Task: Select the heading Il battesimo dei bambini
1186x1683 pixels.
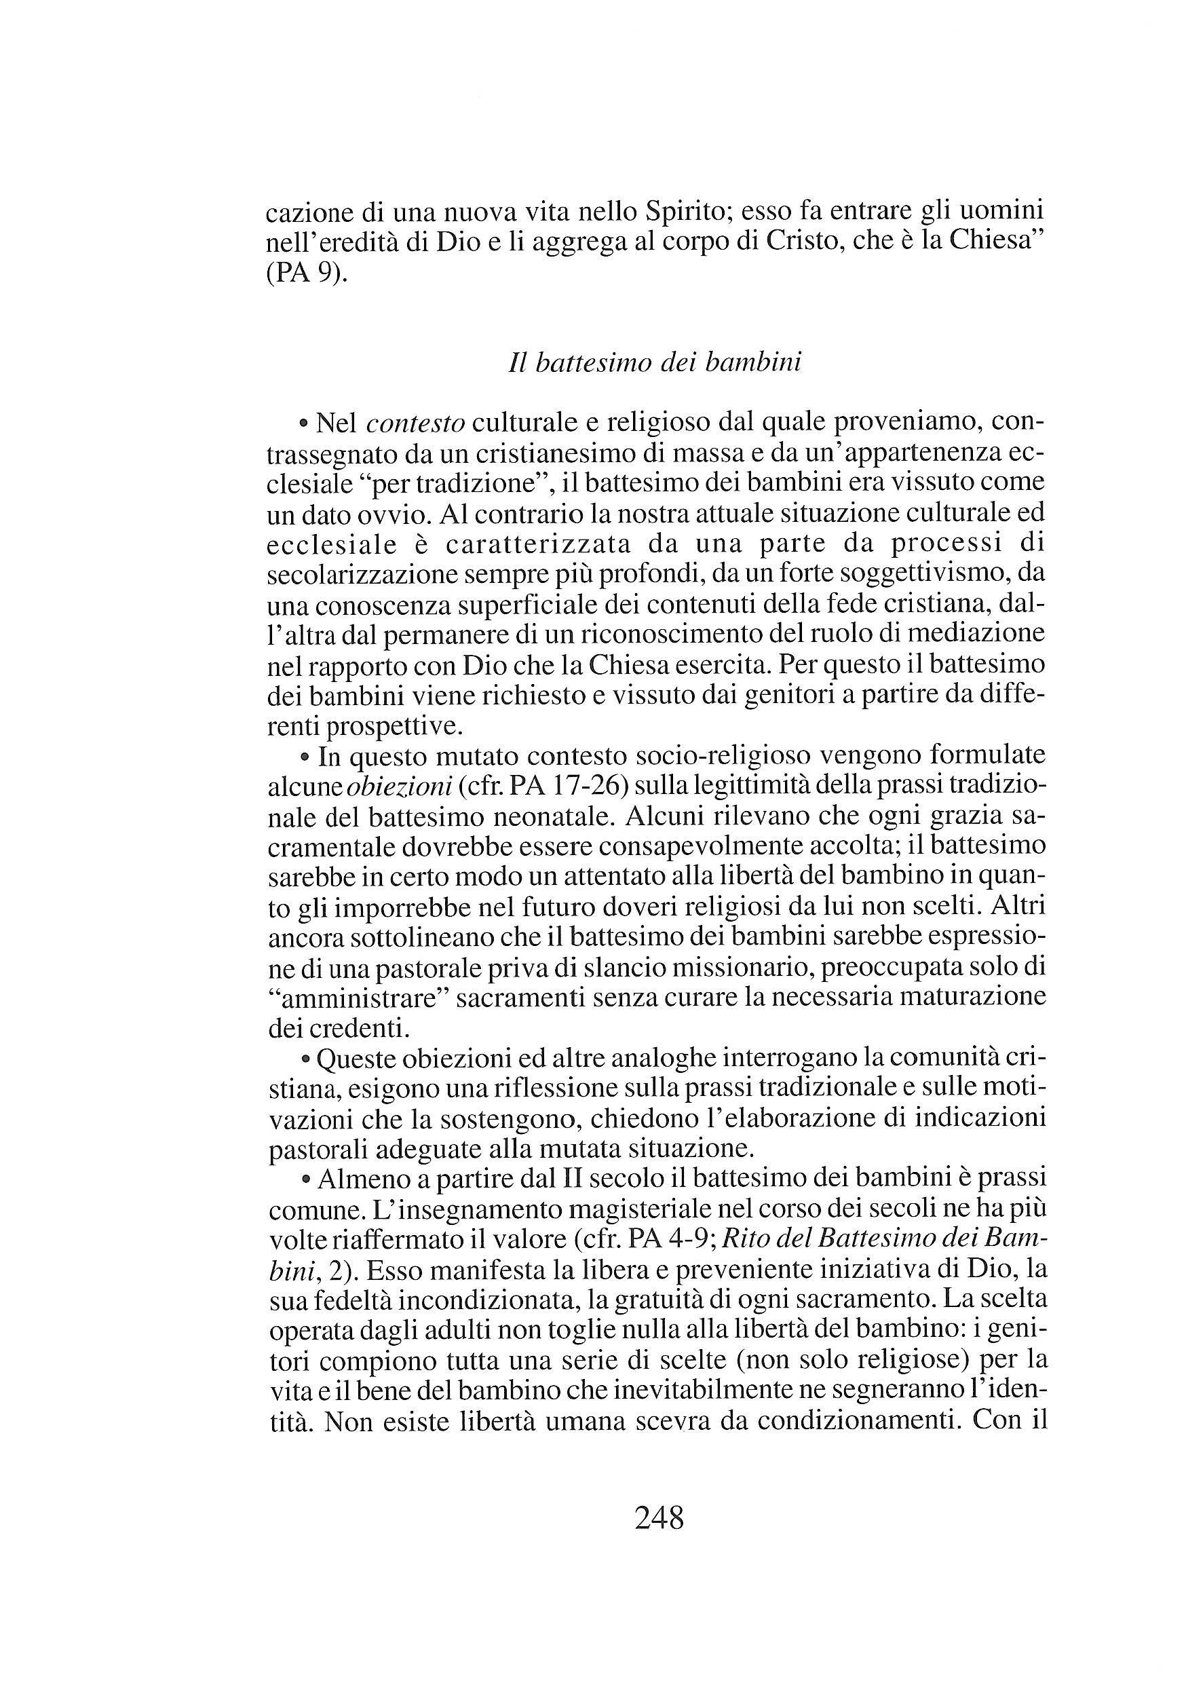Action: [654, 363]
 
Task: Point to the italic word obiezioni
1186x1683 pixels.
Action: [401, 786]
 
